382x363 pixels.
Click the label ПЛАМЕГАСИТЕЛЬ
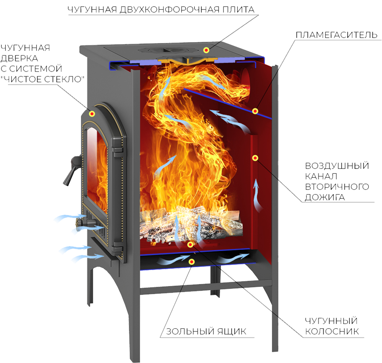tap(337, 35)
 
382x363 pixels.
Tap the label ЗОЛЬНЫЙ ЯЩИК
tap(206, 331)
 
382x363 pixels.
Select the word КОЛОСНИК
tap(332, 331)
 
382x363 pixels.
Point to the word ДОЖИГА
tap(325, 197)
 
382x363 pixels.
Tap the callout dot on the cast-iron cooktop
tap(206, 50)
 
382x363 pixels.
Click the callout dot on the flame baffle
tap(255, 111)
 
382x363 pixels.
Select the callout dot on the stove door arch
tap(92, 113)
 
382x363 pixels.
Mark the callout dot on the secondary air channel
tap(255, 158)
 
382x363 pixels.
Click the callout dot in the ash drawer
tap(192, 262)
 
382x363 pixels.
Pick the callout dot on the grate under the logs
tap(190, 244)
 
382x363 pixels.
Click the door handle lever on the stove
tap(72, 170)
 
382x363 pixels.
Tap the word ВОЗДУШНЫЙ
tap(337, 166)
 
